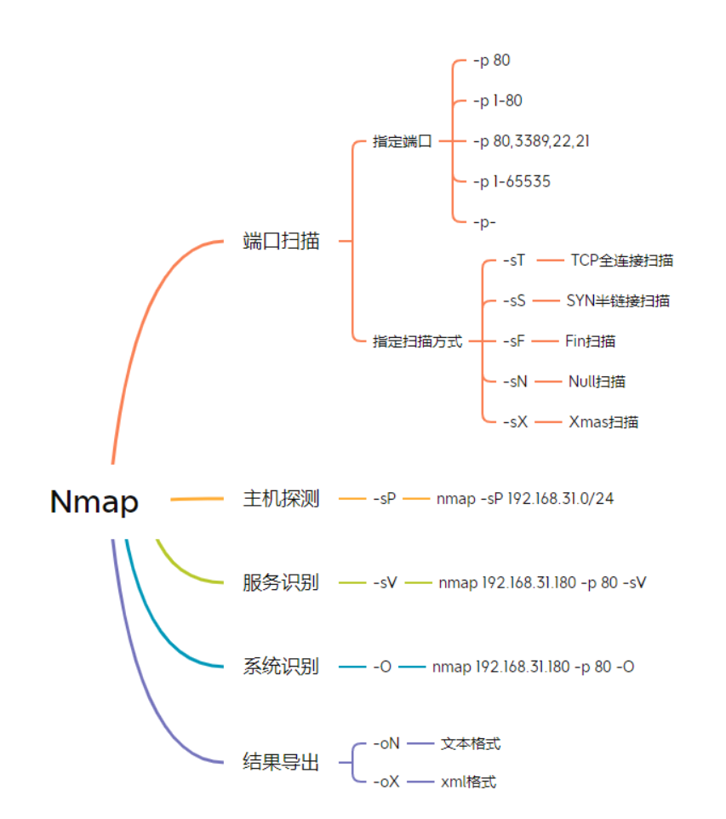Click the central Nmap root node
click(94, 501)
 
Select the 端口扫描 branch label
click(281, 241)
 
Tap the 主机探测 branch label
click(281, 499)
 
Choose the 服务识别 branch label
click(281, 583)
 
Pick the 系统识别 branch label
click(281, 667)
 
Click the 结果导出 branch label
click(281, 762)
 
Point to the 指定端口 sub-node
click(403, 141)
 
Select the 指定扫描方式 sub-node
click(417, 341)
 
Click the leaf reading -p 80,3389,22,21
click(531, 141)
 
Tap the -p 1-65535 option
click(512, 181)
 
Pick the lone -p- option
click(484, 221)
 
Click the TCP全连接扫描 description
click(621, 261)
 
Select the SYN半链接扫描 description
click(617, 301)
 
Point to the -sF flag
click(513, 341)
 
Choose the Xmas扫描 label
click(603, 422)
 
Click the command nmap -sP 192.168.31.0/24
click(524, 499)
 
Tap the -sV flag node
click(385, 583)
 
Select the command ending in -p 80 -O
click(532, 667)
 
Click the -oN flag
click(386, 744)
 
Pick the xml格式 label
click(468, 782)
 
